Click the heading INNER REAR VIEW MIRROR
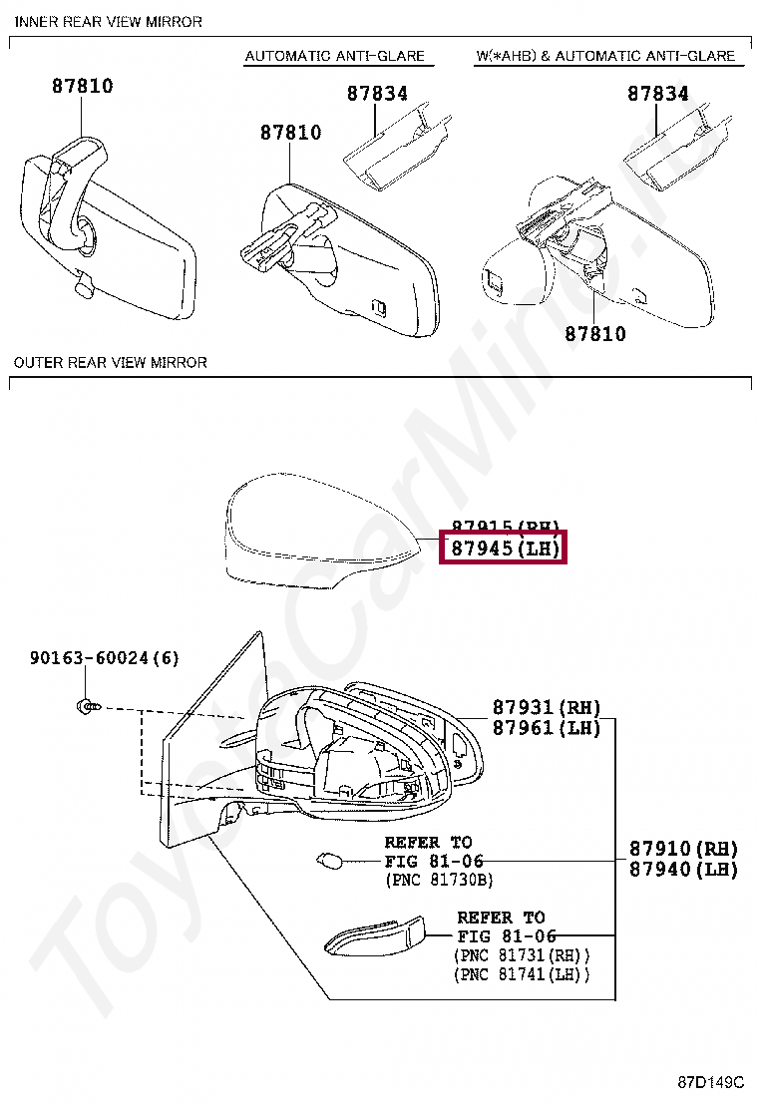coord(109,22)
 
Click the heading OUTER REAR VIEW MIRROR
coord(111,362)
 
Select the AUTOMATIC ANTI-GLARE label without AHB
coord(335,56)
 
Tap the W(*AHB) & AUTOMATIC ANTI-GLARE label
coord(605,56)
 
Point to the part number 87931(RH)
coord(547,708)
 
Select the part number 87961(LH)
coord(547,728)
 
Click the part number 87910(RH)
coord(683,849)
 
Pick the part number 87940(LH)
coord(683,870)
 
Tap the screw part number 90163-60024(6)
coord(104,658)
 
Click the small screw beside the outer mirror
coord(86,706)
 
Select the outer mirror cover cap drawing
coord(319,539)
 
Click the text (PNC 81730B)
coord(439,880)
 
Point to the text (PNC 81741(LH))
coord(522,974)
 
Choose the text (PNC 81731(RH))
coord(522,955)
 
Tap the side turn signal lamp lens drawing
coord(377,937)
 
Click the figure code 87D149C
coord(710,1082)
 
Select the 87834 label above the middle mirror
coord(377,94)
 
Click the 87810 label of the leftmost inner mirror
coord(83,87)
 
